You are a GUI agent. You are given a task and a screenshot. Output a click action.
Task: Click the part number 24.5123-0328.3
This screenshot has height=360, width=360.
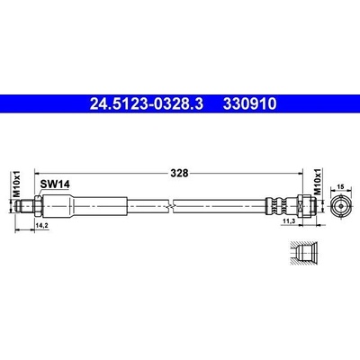click(147, 104)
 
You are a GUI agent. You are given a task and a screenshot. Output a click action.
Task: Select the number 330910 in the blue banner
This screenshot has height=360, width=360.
click(249, 104)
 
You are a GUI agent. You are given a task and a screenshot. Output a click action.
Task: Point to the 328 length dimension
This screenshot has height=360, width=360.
click(179, 173)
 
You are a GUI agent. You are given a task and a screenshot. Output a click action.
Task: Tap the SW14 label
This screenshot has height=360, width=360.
click(55, 184)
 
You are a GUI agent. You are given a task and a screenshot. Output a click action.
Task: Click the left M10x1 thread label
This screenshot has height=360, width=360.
click(17, 184)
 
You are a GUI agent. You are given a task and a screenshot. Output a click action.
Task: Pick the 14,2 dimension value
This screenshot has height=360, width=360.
click(42, 225)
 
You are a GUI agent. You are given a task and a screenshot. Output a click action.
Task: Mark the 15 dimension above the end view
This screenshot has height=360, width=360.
click(340, 186)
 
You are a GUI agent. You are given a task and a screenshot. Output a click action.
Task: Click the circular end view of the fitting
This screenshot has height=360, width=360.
click(340, 206)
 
